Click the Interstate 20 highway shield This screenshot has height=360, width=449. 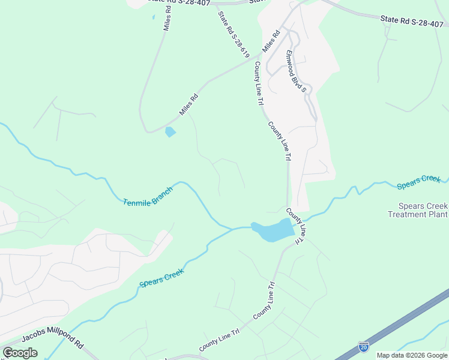click(363, 346)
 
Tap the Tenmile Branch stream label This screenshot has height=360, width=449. click(148, 196)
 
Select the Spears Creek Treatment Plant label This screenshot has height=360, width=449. click(418, 210)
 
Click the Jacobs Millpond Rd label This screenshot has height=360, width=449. click(53, 340)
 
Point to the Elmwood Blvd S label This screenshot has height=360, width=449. click(296, 71)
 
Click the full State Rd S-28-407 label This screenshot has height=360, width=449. click(414, 21)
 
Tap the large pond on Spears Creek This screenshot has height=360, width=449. click(273, 230)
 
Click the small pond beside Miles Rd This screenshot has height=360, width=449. click(170, 132)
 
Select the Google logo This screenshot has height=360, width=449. click(20, 353)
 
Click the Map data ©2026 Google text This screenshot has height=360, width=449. click(412, 355)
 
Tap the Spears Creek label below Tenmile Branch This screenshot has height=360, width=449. click(161, 276)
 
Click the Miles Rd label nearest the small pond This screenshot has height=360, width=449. click(188, 104)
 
